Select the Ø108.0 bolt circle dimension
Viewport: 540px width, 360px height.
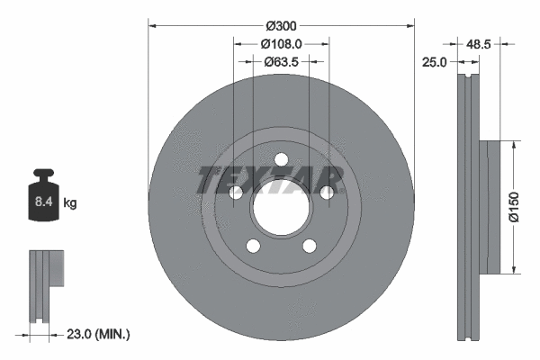(280, 43)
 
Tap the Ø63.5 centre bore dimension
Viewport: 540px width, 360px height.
(280, 62)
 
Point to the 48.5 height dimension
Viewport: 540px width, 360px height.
(481, 42)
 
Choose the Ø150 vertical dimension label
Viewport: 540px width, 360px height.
(512, 205)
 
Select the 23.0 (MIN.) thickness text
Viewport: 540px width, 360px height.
(100, 334)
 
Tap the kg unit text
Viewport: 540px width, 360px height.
(70, 203)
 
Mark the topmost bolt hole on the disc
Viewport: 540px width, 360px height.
(281, 160)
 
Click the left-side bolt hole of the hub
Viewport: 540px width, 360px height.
(236, 192)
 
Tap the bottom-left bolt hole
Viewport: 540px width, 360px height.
(253, 246)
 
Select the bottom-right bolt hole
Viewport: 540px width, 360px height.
(310, 246)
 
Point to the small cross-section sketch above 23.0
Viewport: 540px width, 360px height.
(47, 287)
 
